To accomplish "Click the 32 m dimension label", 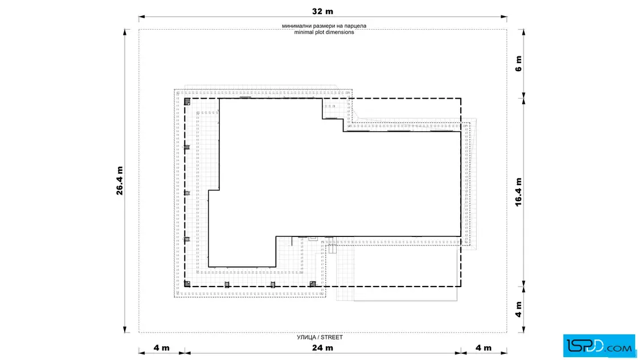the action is point(322,11).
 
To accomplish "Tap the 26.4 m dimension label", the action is point(119,181).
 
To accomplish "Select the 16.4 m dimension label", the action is point(518,192).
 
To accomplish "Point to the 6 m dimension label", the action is point(518,63).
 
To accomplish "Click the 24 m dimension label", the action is point(322,348).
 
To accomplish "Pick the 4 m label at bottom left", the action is point(162,348).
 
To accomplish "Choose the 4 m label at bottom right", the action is point(484,348).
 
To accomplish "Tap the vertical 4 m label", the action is point(518,309).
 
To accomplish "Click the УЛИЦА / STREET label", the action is point(320,337).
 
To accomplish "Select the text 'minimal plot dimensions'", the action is point(324,32).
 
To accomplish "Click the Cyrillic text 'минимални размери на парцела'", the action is point(324,26).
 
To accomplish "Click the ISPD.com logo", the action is point(599,346).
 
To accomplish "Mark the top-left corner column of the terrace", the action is point(187,101).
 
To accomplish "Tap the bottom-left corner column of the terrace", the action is point(187,284).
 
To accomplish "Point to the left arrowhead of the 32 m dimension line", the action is point(142,17).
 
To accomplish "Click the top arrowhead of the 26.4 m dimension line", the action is point(125,32).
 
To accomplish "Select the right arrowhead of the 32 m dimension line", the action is point(504,17).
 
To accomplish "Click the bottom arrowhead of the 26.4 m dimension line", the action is point(125,329).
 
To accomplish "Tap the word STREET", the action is point(332,337).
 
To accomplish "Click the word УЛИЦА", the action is point(306,337).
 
